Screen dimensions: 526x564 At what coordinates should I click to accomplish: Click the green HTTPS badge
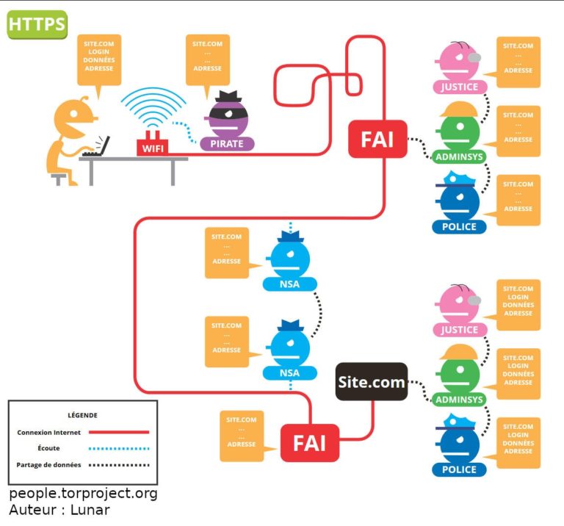click(37, 24)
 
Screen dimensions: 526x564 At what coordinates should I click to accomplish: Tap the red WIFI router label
click(152, 148)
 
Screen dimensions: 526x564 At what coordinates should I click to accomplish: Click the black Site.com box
click(371, 382)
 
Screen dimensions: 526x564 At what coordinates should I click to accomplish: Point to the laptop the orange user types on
click(97, 147)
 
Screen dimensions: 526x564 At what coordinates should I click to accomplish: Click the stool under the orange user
click(59, 177)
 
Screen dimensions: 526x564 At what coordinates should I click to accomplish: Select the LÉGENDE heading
click(82, 415)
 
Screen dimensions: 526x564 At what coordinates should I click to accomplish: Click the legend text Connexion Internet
click(49, 433)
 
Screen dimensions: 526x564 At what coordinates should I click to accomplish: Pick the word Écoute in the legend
click(48, 448)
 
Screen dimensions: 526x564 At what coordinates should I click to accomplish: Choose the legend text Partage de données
click(49, 465)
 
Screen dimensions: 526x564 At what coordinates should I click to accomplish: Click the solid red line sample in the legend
click(118, 433)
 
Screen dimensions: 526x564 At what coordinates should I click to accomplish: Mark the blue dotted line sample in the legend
click(118, 448)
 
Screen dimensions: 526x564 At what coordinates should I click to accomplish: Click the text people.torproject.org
click(83, 494)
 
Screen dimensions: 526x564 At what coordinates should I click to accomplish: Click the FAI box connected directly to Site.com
click(309, 443)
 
